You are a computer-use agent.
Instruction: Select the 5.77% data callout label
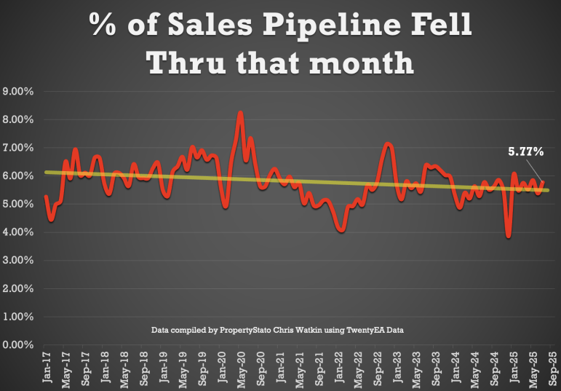point(525,152)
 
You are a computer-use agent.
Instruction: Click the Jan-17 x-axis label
point(46,368)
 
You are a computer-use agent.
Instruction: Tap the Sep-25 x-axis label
point(552,368)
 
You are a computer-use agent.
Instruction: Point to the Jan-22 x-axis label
point(338,368)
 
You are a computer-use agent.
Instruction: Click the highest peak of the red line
point(240,113)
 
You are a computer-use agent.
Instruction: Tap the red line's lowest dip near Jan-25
point(508,236)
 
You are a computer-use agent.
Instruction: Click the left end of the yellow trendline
point(46,172)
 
